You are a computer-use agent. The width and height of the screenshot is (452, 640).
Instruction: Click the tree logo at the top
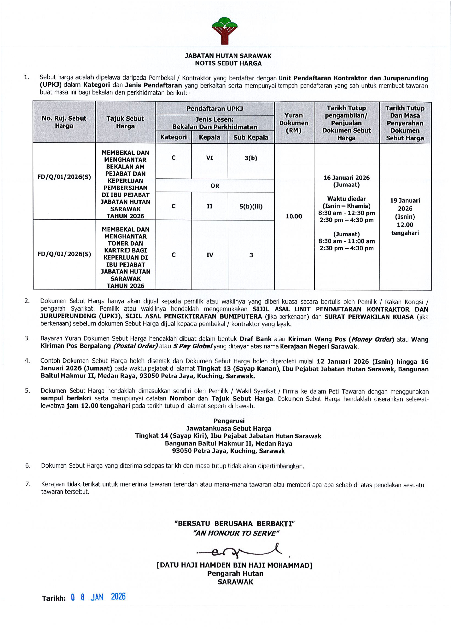pos(224,31)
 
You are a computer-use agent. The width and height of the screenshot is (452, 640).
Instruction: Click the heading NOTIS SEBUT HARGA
pos(228,63)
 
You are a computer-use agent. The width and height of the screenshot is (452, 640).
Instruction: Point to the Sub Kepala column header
pos(251,137)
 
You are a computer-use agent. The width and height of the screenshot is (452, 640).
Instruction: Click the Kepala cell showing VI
pos(209,158)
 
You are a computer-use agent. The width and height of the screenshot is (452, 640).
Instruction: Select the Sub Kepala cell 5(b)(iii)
pos(251,207)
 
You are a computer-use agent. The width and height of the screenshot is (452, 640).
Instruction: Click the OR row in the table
pos(215,186)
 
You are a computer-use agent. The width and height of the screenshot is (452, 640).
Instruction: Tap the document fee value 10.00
pos(294,216)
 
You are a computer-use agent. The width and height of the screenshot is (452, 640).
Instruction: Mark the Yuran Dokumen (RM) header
pos(294,123)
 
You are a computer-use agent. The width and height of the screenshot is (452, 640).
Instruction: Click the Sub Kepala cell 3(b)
pos(251,158)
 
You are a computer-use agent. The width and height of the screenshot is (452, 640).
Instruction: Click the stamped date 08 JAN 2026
pos(98,597)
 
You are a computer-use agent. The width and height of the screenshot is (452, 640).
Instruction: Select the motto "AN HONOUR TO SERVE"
pos(236,533)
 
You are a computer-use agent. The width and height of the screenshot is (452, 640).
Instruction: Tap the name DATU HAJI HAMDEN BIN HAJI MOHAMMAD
pos(234,566)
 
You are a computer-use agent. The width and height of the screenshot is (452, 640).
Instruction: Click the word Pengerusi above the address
pos(229,421)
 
